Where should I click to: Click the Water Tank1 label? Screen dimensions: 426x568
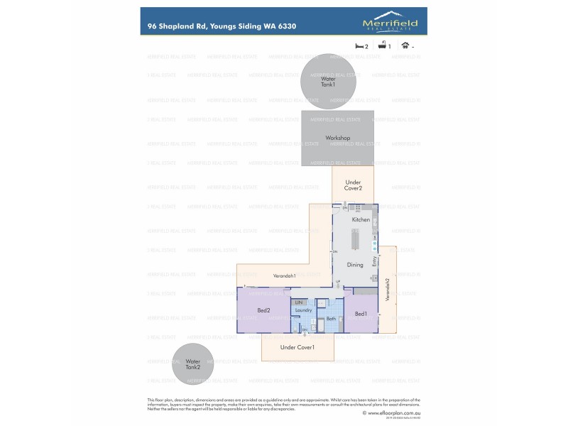327,82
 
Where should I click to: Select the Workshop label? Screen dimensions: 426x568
338,138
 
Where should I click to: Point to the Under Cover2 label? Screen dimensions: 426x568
354,185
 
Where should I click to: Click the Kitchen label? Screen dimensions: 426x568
361,220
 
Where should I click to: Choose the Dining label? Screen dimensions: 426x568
355,265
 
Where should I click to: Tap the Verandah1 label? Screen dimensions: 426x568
284,275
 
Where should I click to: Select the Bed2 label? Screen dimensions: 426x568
263,310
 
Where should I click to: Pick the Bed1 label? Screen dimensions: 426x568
361,314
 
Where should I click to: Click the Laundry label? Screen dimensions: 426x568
304,310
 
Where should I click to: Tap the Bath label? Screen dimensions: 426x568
331,319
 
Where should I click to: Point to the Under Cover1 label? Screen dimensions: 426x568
297,347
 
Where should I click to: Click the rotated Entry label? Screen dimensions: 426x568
383,261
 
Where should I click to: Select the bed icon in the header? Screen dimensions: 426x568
359,45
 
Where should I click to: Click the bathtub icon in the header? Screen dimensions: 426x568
382,45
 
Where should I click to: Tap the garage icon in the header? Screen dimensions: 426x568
405,45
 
